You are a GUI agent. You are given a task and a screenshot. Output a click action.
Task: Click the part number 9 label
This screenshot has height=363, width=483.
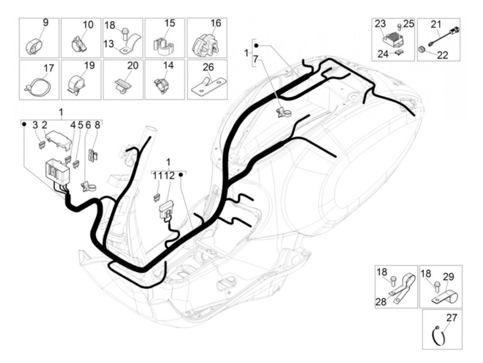(x=46, y=23)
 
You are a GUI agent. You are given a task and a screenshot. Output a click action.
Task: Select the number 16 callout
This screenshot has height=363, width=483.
(x=216, y=23)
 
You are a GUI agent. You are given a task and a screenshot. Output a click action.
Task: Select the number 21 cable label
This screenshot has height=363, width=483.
(x=436, y=24)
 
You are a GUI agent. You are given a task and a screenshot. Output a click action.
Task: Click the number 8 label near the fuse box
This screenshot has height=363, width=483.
(x=97, y=125)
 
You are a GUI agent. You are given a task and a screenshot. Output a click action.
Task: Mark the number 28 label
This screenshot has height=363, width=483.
(x=381, y=302)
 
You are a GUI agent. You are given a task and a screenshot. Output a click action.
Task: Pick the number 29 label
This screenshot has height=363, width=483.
(x=448, y=277)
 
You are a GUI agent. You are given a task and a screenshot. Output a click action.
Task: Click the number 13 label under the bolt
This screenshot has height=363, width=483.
(x=108, y=44)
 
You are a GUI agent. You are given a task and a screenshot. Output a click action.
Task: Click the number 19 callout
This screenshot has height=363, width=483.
(x=89, y=65)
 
